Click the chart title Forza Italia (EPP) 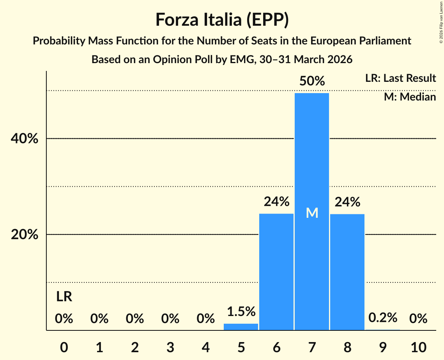(222, 19)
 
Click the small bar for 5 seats (241, 327)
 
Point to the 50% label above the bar (312, 81)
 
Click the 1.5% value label (241, 311)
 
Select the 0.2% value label (383, 318)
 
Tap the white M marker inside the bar (312, 213)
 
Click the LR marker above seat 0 (64, 297)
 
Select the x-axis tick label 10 (418, 346)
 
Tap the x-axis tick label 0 (64, 346)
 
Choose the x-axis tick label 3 (170, 346)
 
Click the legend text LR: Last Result (400, 78)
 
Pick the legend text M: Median (410, 97)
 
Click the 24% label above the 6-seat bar (276, 202)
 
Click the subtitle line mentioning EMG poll (222, 60)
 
